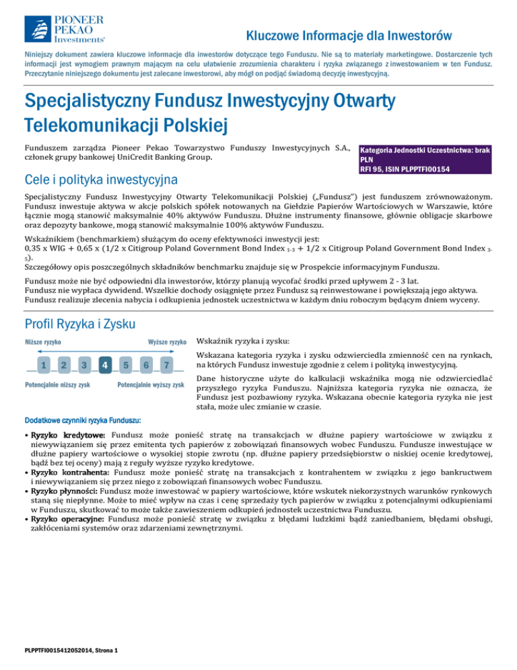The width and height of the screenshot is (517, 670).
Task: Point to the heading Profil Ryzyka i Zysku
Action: pos(80,326)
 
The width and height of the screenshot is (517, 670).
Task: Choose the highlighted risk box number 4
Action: pos(106,365)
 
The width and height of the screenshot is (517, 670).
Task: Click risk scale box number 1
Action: pos(43,365)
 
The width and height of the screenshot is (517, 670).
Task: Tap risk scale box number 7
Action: pos(167,365)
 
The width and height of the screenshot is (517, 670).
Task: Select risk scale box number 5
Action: pos(126,365)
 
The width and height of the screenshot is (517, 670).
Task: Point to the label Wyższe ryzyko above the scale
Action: pos(167,342)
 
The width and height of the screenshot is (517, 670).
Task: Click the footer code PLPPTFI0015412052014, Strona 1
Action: pos(71,650)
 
